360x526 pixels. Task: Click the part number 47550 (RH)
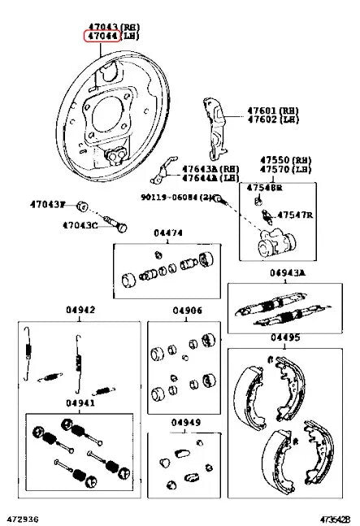(x=284, y=159)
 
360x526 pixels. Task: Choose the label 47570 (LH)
(x=284, y=169)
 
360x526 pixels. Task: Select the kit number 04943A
(x=287, y=274)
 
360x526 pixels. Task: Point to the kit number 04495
(x=285, y=337)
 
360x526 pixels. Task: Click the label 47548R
(x=265, y=187)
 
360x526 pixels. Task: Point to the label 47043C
(x=80, y=224)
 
